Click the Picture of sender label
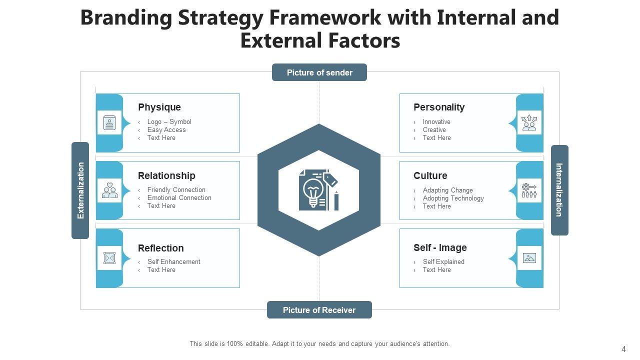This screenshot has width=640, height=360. click(x=319, y=72)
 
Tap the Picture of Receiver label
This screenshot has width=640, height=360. click(x=319, y=310)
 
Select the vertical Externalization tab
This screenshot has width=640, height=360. click(x=80, y=190)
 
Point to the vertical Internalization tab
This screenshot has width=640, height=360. click(x=559, y=190)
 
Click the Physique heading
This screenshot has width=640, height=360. click(x=159, y=107)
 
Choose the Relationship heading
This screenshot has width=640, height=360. click(x=166, y=175)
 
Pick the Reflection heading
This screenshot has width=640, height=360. click(x=160, y=248)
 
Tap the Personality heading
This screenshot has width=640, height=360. click(x=439, y=107)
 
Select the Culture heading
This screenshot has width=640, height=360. click(x=430, y=175)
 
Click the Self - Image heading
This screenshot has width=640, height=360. click(x=440, y=247)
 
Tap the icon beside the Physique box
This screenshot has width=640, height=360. click(x=109, y=122)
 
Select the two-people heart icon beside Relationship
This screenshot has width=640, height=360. click(x=109, y=190)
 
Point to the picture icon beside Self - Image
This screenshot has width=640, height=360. click(x=529, y=258)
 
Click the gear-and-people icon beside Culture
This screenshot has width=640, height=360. click(x=529, y=190)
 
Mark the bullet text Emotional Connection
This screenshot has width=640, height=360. click(x=179, y=197)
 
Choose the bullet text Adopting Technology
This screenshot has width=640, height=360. click(x=453, y=198)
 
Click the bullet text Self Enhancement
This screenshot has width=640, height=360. click(x=173, y=261)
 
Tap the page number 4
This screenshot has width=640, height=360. click(x=623, y=349)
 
